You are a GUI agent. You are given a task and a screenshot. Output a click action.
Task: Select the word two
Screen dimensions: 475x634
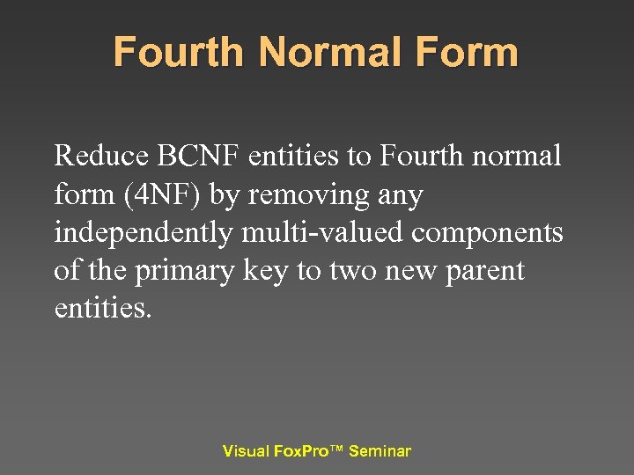click(x=350, y=271)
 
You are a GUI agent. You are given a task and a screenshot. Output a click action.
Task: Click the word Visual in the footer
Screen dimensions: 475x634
click(x=246, y=451)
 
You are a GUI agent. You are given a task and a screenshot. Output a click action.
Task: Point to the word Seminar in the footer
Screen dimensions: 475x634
click(x=380, y=451)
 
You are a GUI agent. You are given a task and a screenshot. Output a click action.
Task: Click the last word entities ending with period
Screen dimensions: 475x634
click(x=103, y=309)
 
